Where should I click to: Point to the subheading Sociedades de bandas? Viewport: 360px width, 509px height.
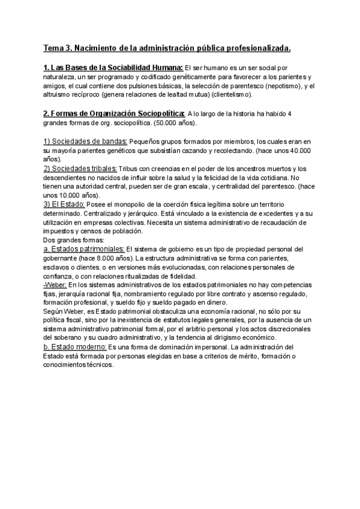[x=85, y=141]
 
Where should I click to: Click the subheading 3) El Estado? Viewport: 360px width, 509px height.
[x=64, y=205]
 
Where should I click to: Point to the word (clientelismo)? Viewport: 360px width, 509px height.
[x=229, y=94]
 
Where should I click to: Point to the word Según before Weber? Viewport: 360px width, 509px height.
[x=53, y=311]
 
